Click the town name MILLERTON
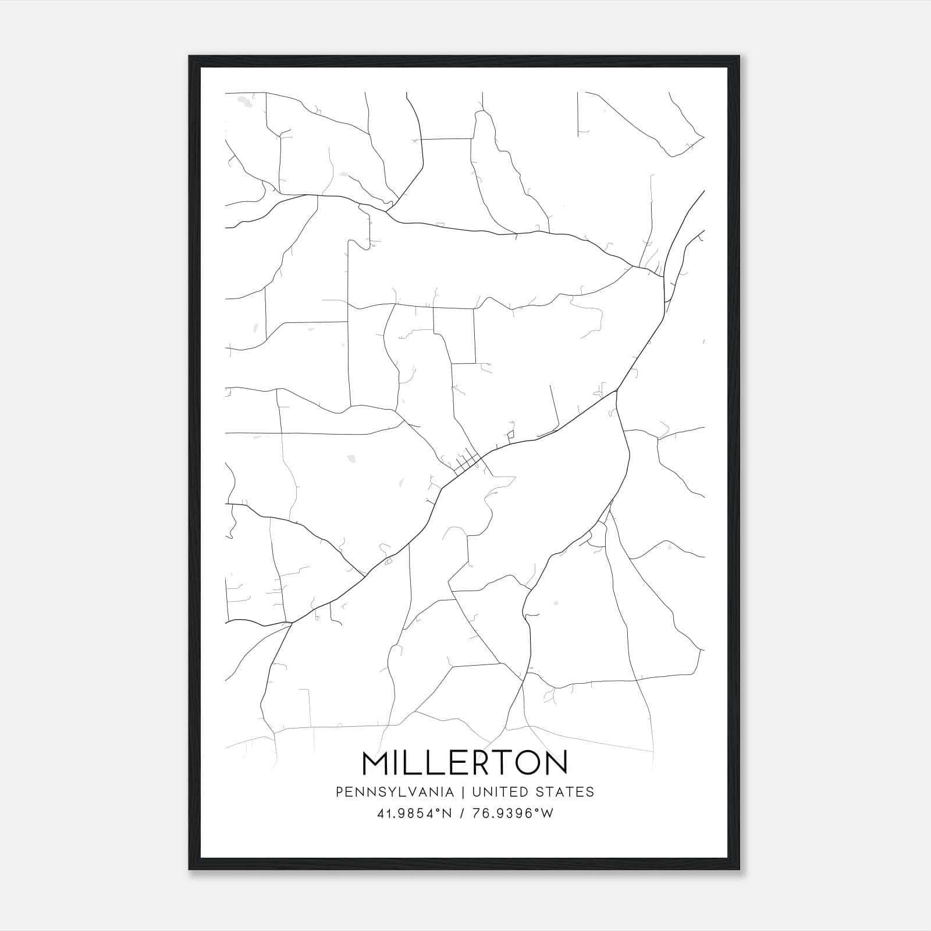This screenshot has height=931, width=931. click(465, 763)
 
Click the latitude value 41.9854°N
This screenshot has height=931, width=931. click(414, 813)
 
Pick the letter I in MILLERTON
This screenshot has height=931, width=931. click(399, 763)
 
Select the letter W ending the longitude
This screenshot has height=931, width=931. click(547, 813)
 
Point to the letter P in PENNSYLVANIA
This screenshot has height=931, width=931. click(339, 792)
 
